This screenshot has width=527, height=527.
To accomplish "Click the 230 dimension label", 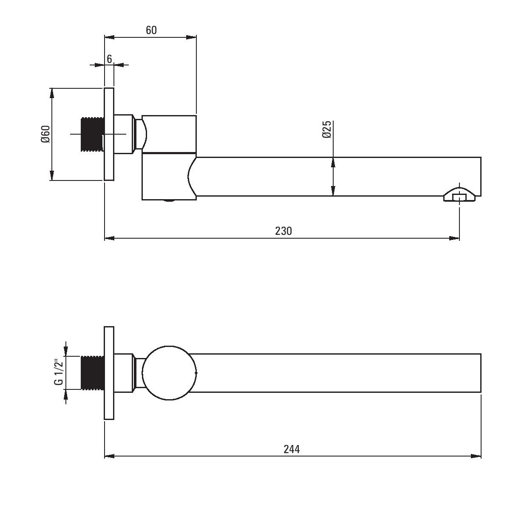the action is coord(283,231).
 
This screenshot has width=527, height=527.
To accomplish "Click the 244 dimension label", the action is coord(292,449).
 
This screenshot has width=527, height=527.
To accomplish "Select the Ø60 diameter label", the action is coord(45,134).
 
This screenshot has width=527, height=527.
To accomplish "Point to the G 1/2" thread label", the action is coord(59,372).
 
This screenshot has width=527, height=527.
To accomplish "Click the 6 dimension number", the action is coord(109,59).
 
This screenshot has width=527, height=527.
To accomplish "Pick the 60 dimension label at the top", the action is coord(151,30).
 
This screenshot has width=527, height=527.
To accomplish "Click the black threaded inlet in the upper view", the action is coord(93,134).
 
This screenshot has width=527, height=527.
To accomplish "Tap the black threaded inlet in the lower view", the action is coord(93,372).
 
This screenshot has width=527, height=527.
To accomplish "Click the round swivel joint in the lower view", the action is coord(170,373).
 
